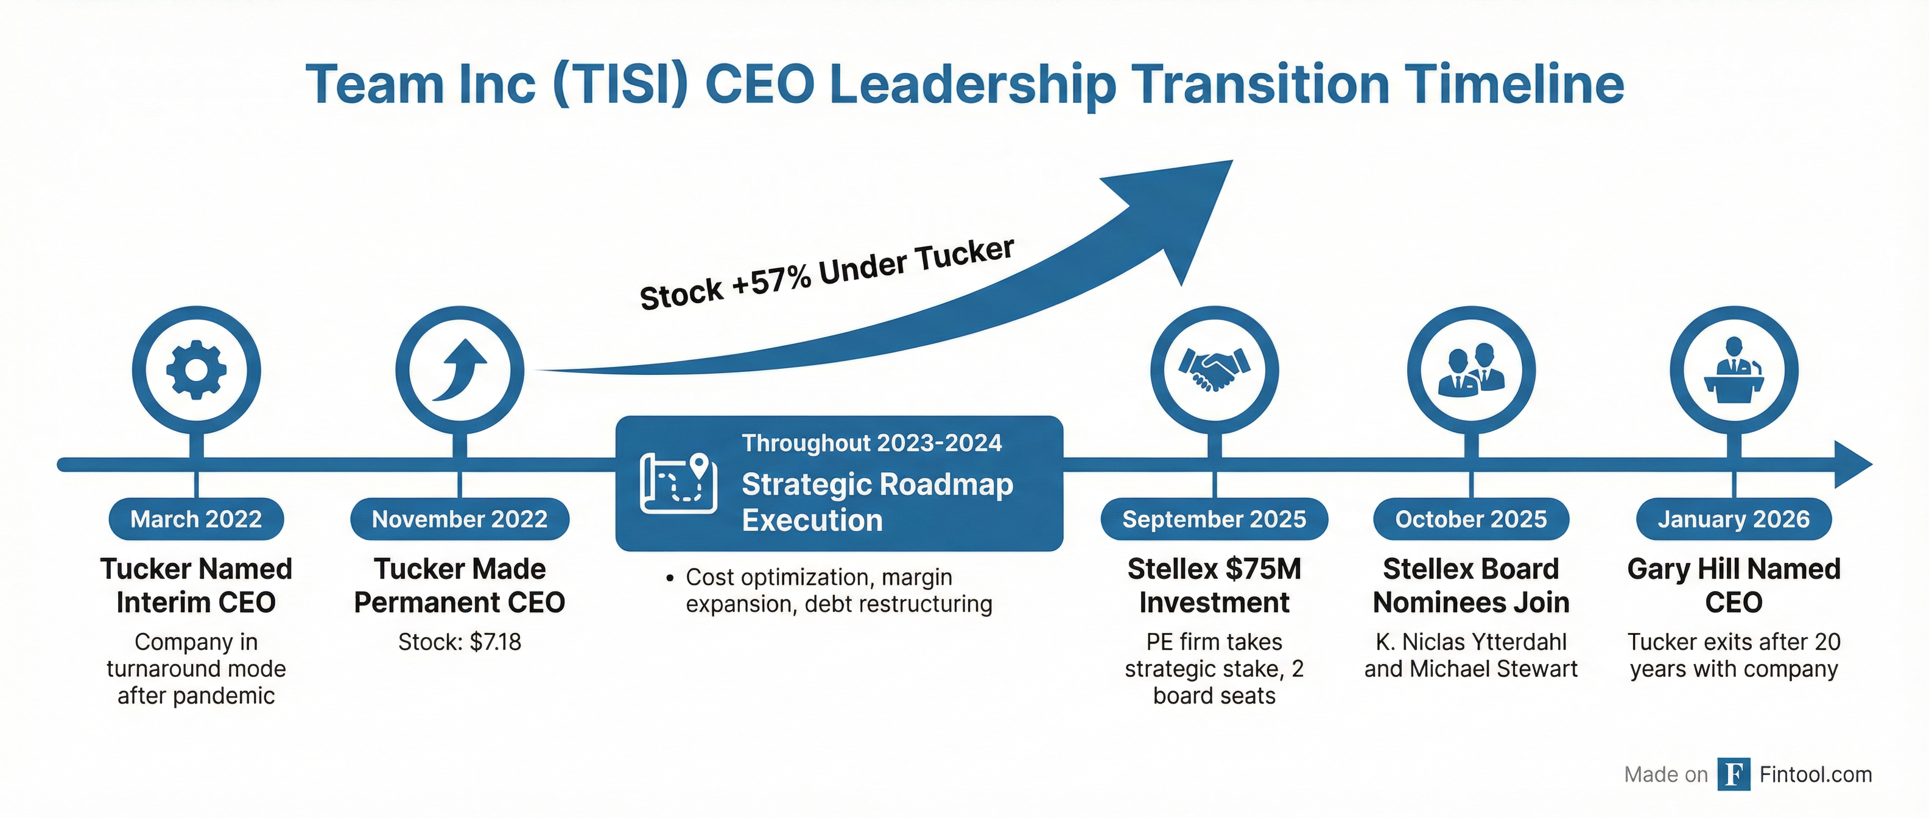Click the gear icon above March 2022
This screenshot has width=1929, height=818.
pos(196,369)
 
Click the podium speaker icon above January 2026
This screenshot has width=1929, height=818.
pos(1734,369)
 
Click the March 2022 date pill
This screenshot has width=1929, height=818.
pos(196,519)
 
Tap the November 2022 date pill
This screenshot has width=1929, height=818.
pos(460,519)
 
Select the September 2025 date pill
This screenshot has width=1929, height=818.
pos(1214,519)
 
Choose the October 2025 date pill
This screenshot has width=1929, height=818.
pos(1470,519)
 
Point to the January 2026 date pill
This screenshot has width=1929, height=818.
pos(1734,519)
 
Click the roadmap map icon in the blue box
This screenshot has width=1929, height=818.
pos(678,483)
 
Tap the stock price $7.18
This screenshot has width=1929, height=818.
pos(495,641)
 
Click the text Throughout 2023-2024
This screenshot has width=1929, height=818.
pos(872,443)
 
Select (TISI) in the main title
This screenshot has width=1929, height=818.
pos(620,84)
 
